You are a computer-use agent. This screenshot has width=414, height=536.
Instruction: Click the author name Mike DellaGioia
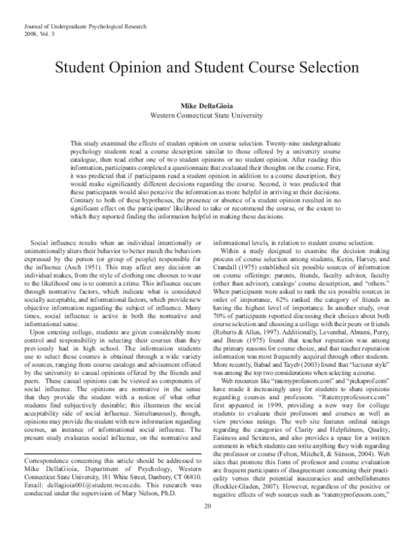tap(207, 106)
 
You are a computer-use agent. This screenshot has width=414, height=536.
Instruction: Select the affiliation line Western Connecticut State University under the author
tap(207, 116)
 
